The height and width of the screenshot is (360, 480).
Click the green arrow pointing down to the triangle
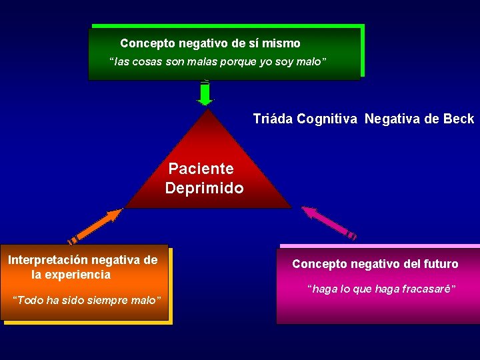tap(205, 93)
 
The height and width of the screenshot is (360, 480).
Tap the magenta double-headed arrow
tap(329, 223)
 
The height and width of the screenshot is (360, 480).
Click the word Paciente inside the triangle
tap(201, 169)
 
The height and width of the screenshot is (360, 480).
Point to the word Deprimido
tap(204, 189)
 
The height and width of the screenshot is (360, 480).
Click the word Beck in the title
tap(459, 119)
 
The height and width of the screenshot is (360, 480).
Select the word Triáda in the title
tap(273, 119)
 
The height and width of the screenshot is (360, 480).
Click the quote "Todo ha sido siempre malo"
tap(88, 300)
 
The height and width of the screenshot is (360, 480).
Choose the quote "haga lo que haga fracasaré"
tap(381, 289)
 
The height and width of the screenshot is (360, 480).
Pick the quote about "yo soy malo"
tap(218, 62)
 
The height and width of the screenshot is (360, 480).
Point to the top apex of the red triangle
tap(209, 110)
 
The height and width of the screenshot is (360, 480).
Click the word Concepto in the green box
tap(147, 43)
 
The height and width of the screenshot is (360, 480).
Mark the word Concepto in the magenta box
tap(317, 264)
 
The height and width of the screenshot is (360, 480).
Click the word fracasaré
tap(431, 289)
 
